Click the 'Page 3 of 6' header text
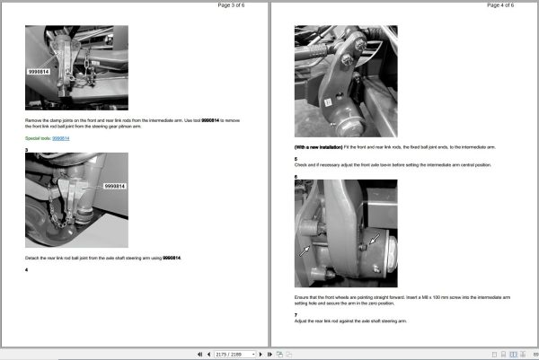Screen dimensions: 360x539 [x=235, y=5]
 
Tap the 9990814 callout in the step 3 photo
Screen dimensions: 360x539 [x=115, y=187]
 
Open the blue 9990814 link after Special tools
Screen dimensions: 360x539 [x=61, y=138]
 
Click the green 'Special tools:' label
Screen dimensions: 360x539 [x=38, y=138]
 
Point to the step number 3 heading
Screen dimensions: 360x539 [x=26, y=149]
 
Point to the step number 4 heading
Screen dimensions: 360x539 [x=26, y=269]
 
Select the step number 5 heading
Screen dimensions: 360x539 [x=296, y=159]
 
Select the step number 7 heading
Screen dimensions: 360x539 [x=296, y=315]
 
